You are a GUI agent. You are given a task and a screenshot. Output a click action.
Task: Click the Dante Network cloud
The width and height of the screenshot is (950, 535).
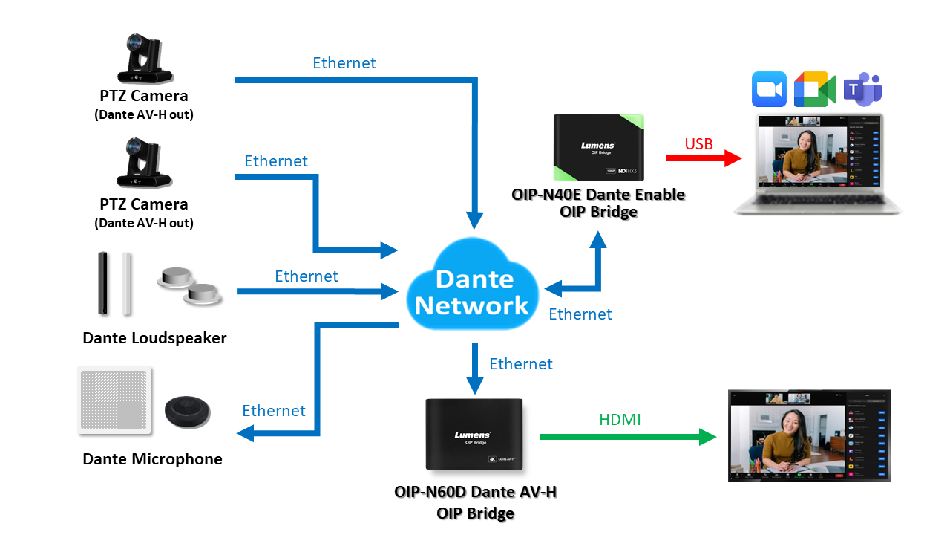pyautogui.click(x=473, y=290)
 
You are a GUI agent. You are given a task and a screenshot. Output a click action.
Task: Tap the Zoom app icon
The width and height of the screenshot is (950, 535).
pyautogui.click(x=768, y=89)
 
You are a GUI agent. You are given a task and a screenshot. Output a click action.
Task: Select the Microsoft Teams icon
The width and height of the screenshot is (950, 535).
pyautogui.click(x=862, y=89)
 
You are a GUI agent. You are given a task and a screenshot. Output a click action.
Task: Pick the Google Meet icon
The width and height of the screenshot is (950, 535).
pyautogui.click(x=814, y=89)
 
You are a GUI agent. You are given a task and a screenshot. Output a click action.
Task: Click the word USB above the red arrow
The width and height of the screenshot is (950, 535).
pyautogui.click(x=698, y=143)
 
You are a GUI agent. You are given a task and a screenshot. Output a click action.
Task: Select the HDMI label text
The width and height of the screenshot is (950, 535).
pyautogui.click(x=620, y=420)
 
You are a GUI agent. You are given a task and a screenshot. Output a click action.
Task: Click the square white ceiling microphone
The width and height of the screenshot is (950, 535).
pyautogui.click(x=115, y=401)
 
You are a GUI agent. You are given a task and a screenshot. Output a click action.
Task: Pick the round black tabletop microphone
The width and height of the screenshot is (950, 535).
pyautogui.click(x=187, y=410)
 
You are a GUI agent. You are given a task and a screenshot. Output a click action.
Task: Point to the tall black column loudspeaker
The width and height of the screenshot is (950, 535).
pyautogui.click(x=103, y=283)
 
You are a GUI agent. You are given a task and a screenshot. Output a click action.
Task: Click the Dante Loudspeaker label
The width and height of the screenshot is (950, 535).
pyautogui.click(x=154, y=338)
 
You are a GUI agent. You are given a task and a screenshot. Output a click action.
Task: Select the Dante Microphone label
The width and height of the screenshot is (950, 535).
pyautogui.click(x=152, y=459)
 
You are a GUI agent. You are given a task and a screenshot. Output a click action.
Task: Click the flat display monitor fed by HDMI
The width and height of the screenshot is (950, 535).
pyautogui.click(x=808, y=435)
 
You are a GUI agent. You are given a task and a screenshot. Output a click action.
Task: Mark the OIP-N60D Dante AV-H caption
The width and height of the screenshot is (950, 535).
pyautogui.click(x=475, y=502)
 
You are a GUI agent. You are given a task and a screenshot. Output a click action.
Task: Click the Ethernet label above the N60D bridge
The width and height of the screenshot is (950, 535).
pyautogui.click(x=521, y=364)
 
